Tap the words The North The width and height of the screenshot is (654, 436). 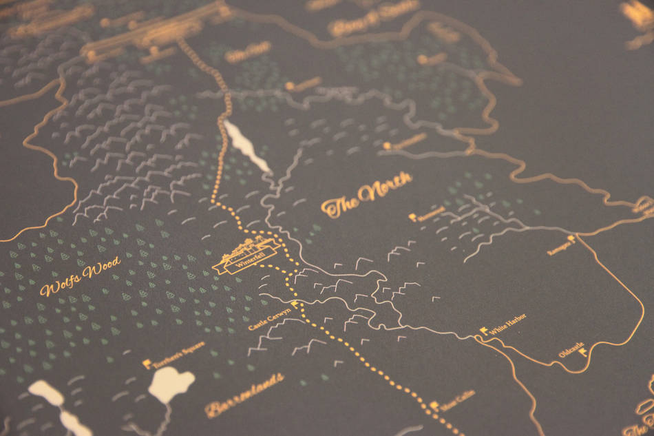tap(367, 196)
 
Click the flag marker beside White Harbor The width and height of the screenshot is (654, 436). tap(484, 331)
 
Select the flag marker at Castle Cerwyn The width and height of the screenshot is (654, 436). tap(295, 304)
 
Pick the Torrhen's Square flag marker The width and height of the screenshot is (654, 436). tap(147, 362)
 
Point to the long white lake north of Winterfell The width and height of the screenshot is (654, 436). tap(246, 144)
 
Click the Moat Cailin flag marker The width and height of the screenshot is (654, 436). tap(434, 406)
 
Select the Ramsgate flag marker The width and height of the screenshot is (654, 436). tap(571, 238)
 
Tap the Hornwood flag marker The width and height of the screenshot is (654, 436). tap(412, 218)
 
